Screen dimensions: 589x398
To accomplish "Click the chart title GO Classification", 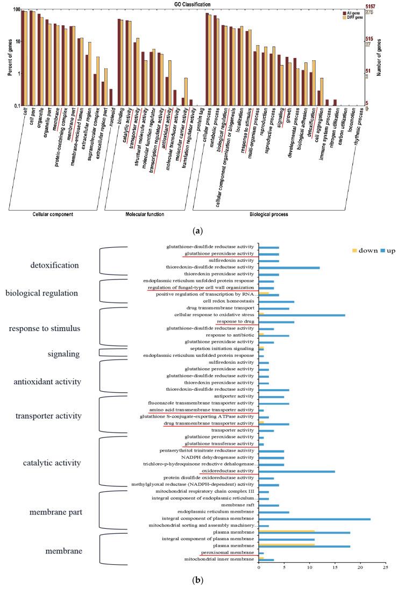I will coord(191,4).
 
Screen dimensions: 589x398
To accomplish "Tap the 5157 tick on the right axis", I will coord(371,6).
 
